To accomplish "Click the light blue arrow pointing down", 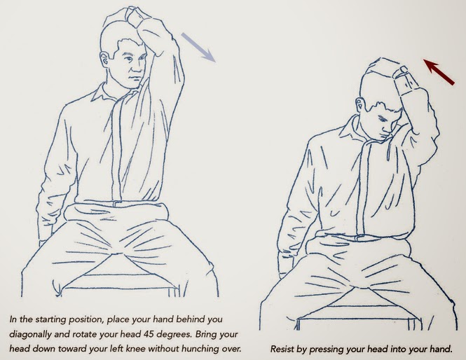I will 198,47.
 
